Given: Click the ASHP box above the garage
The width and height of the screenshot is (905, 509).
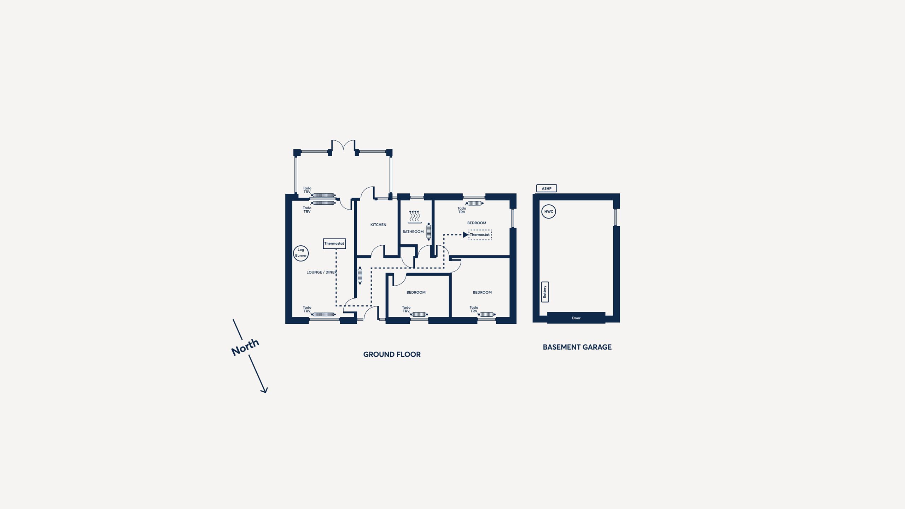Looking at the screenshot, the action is tap(547, 188).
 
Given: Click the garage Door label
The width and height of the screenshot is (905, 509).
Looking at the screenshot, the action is tap(576, 318).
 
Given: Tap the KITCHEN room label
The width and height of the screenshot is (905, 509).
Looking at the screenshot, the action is tap(378, 225).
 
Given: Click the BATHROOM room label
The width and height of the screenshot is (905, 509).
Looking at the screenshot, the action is tap(413, 232).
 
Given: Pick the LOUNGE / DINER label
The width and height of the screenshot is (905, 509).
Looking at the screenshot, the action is tap(321, 273).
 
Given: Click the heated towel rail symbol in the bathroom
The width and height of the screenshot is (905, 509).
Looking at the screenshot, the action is tap(415, 217).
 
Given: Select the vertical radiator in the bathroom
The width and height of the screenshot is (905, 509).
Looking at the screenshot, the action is tap(429, 232).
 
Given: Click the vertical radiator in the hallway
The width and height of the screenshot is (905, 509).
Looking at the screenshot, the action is tap(360, 276).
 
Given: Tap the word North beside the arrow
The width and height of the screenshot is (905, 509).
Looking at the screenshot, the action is tap(245, 347).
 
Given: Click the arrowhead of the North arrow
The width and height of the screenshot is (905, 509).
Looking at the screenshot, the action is tap(264, 390).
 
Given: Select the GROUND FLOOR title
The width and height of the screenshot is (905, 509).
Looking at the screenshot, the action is tap(392, 355).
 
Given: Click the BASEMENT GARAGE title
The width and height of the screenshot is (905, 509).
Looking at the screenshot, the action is tap(577, 347).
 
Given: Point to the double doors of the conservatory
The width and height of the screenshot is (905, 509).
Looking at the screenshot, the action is tap(343, 145).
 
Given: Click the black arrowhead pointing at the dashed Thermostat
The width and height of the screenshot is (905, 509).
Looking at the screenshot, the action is tap(466, 235).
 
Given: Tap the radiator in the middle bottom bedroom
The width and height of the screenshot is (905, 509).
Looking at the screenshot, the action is tap(419, 315).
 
